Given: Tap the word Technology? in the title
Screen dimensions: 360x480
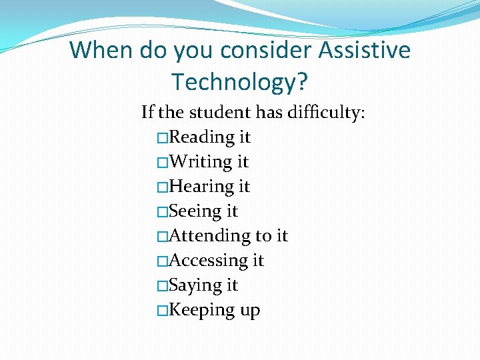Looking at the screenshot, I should [239, 81].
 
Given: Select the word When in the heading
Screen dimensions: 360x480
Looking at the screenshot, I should [101, 50].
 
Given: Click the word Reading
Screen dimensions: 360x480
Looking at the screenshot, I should [201, 137].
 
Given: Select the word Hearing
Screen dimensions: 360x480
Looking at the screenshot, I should [200, 187].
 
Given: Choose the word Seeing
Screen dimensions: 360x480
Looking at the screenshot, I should [195, 211].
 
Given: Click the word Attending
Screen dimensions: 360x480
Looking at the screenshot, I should [209, 236].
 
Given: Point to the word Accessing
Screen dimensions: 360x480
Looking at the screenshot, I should [207, 261].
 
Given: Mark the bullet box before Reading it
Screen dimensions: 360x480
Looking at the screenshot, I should [161, 138].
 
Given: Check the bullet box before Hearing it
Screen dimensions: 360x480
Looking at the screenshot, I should [161, 187].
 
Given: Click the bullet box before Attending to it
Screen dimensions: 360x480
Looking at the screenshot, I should [161, 237].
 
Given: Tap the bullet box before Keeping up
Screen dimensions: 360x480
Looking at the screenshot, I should [161, 311].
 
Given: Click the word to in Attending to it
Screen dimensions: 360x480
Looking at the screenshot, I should [263, 236].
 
